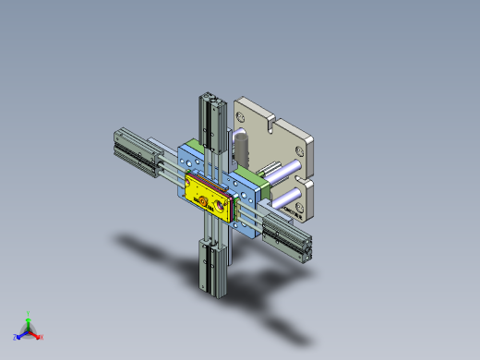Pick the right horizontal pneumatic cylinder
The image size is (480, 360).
(x=287, y=236)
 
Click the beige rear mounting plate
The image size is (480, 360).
(x=277, y=138)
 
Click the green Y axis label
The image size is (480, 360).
(x=29, y=313)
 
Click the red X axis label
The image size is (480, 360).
(x=41, y=337)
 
